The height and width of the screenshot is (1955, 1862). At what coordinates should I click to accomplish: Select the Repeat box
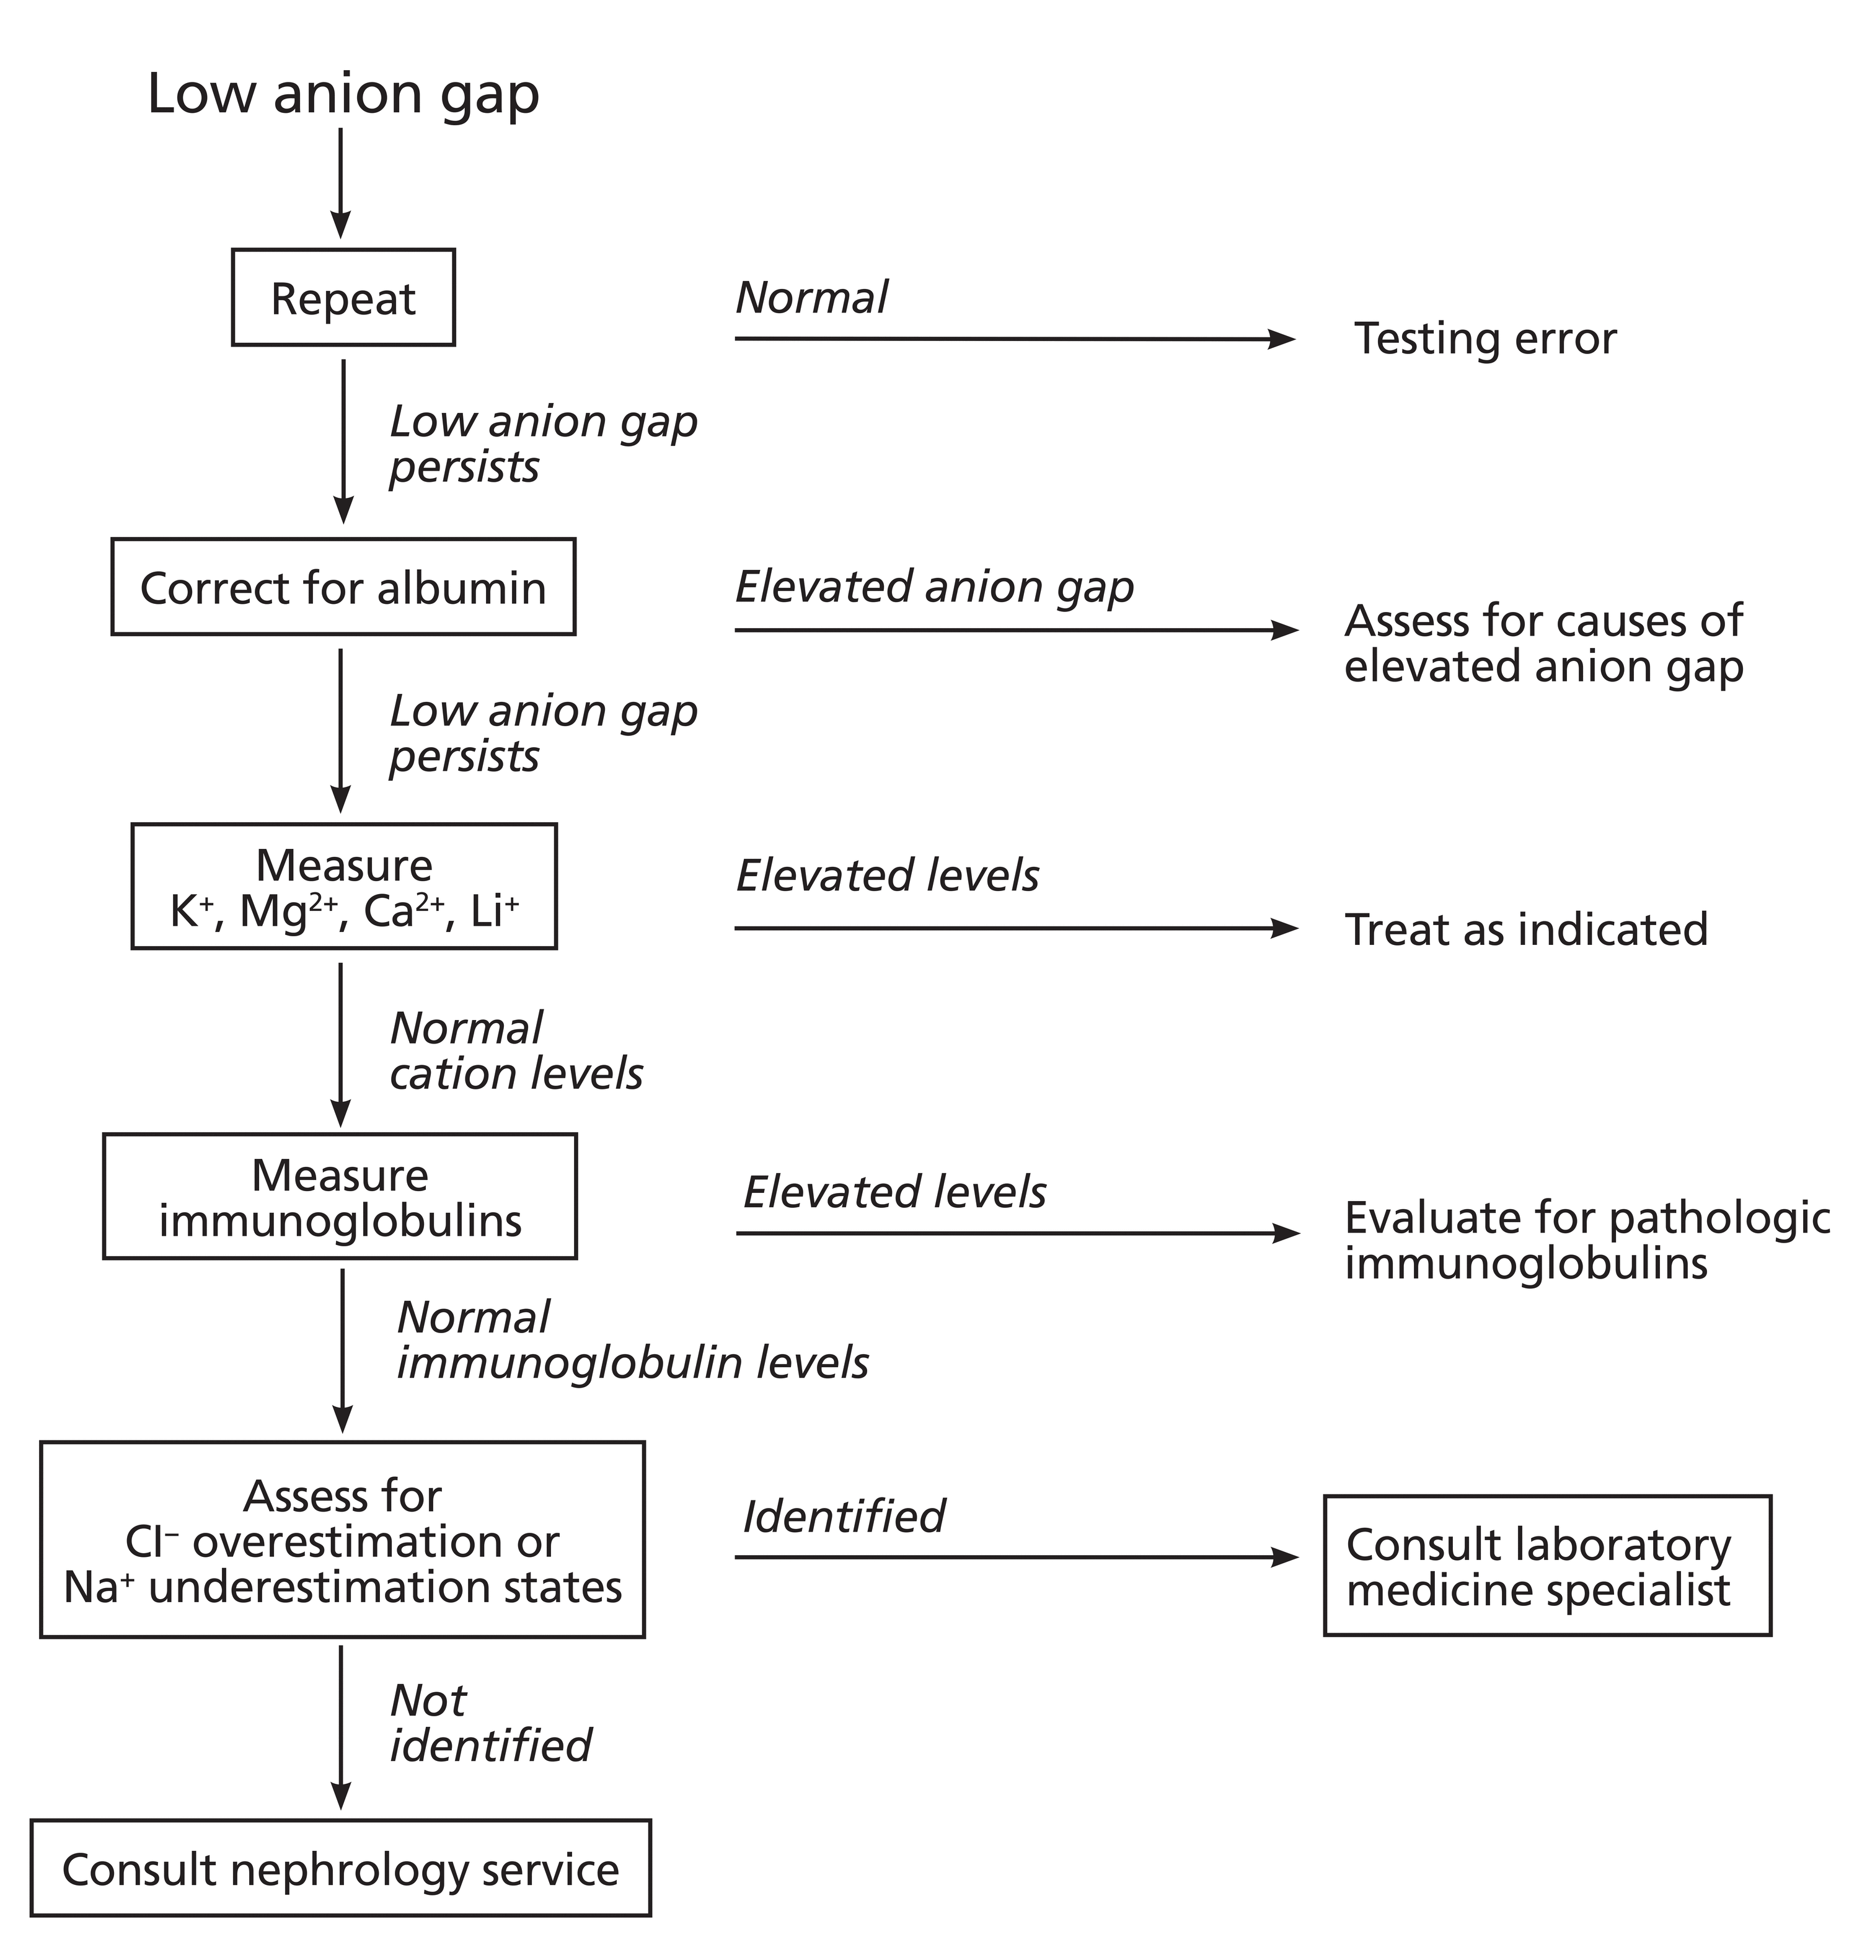tap(343, 298)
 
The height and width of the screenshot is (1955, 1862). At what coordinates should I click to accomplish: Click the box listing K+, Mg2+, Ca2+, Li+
tap(343, 887)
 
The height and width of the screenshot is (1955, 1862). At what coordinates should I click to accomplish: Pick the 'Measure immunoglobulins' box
tap(340, 1197)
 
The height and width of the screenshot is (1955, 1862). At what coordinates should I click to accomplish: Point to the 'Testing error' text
tap(1485, 339)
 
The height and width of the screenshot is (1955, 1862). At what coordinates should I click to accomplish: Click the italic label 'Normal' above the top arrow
tap(811, 298)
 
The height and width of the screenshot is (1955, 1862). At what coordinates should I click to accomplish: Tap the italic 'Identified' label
tap(844, 1516)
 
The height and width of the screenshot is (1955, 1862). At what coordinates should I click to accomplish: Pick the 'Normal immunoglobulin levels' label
tap(632, 1341)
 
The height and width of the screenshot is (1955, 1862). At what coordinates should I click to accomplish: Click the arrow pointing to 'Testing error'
tap(1012, 339)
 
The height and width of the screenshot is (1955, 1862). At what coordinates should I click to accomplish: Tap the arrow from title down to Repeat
tap(340, 184)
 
